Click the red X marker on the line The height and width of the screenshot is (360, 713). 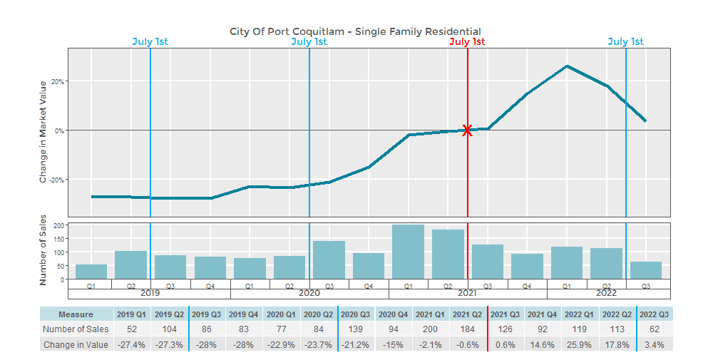pyautogui.click(x=467, y=130)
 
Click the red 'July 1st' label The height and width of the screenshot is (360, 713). pyautogui.click(x=467, y=42)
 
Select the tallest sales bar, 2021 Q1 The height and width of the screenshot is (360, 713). pyautogui.click(x=408, y=252)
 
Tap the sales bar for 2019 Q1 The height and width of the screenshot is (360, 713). pyautogui.click(x=91, y=272)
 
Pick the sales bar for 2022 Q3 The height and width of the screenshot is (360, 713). pyautogui.click(x=646, y=270)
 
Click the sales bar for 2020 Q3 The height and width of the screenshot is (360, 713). pyautogui.click(x=329, y=260)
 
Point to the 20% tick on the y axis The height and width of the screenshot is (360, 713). pyautogui.click(x=58, y=82)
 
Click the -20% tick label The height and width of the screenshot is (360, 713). pyautogui.click(x=57, y=180)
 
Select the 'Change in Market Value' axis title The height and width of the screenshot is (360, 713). pyautogui.click(x=43, y=133)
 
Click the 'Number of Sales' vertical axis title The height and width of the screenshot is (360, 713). pyautogui.click(x=43, y=250)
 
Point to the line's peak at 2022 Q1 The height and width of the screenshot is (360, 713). pyautogui.click(x=567, y=66)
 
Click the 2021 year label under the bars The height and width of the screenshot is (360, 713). pyautogui.click(x=467, y=293)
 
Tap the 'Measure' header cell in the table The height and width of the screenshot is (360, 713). pyautogui.click(x=76, y=314)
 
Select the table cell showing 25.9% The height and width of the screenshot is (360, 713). pyautogui.click(x=579, y=345)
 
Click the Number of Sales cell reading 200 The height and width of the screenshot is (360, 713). pyautogui.click(x=430, y=329)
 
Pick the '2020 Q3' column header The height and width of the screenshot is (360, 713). pyautogui.click(x=355, y=314)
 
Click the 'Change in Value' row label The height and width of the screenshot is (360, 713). pyautogui.click(x=76, y=345)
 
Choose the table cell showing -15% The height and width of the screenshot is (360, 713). pyautogui.click(x=392, y=345)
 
